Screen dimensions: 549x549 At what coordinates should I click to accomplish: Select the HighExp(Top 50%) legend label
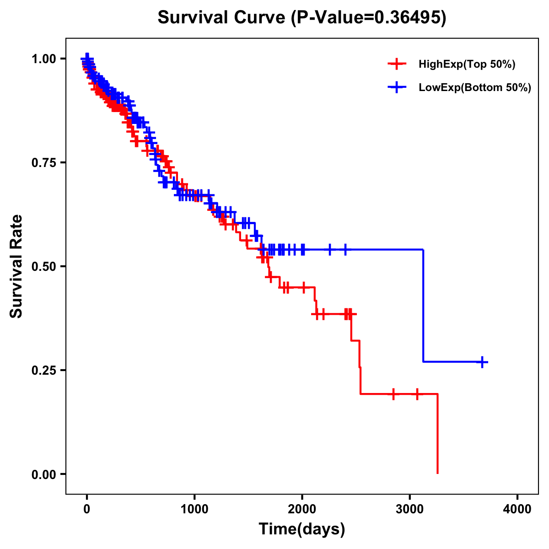tap(467, 64)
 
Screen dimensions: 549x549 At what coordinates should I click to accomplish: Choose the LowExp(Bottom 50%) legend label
tap(475, 87)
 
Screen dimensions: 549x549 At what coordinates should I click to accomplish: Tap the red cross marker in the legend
tap(397, 64)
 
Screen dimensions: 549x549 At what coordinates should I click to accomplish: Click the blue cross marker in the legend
tap(397, 87)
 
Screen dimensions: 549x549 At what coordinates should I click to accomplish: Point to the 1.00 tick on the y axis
tap(43, 59)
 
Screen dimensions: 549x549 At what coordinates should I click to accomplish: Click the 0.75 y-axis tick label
tap(43, 162)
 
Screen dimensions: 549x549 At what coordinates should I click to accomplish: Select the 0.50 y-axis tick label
tap(43, 266)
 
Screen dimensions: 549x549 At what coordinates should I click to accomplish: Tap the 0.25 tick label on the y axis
tap(43, 370)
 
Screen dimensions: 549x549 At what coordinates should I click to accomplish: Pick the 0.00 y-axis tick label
tap(43, 474)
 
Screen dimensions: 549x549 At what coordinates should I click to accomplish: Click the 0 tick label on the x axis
tap(87, 509)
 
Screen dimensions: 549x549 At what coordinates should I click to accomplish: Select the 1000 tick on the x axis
tap(194, 509)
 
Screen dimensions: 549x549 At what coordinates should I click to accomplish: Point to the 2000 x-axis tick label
tap(302, 509)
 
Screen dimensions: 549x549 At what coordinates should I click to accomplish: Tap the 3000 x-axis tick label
tap(410, 509)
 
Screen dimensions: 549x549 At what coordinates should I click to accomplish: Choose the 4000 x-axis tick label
tap(517, 509)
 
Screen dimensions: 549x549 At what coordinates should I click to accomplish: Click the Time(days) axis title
tap(302, 529)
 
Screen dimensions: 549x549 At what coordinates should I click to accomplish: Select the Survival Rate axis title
tap(16, 266)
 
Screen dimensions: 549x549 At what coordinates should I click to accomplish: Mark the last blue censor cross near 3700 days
tap(482, 362)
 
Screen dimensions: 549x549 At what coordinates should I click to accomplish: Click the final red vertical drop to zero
tap(438, 435)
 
